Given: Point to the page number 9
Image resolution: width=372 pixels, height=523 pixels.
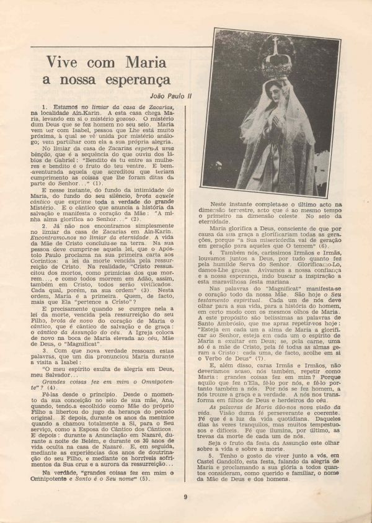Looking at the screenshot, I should [185, 496].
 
